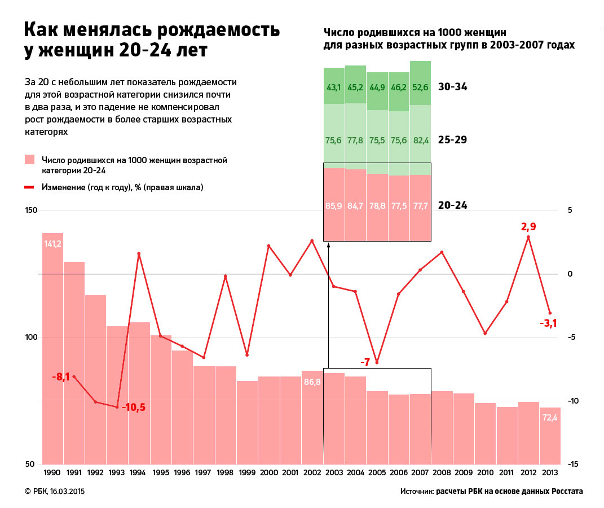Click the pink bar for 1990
[x=52, y=350]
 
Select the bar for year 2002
[x=312, y=418]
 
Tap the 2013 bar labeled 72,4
[x=550, y=435]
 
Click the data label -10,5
[x=134, y=407]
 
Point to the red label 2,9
[x=528, y=227]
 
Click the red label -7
[x=365, y=362]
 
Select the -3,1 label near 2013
[x=548, y=323]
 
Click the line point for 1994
[x=139, y=253]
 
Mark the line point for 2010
[x=485, y=333]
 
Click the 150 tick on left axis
[x=30, y=211]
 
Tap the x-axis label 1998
[x=225, y=473]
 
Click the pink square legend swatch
[x=30, y=160]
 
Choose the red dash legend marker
[x=30, y=187]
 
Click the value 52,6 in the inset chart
[x=420, y=87]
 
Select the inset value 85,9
[x=334, y=205]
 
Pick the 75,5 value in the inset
[x=377, y=141]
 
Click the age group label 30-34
[x=453, y=87]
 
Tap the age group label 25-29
[x=453, y=140]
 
